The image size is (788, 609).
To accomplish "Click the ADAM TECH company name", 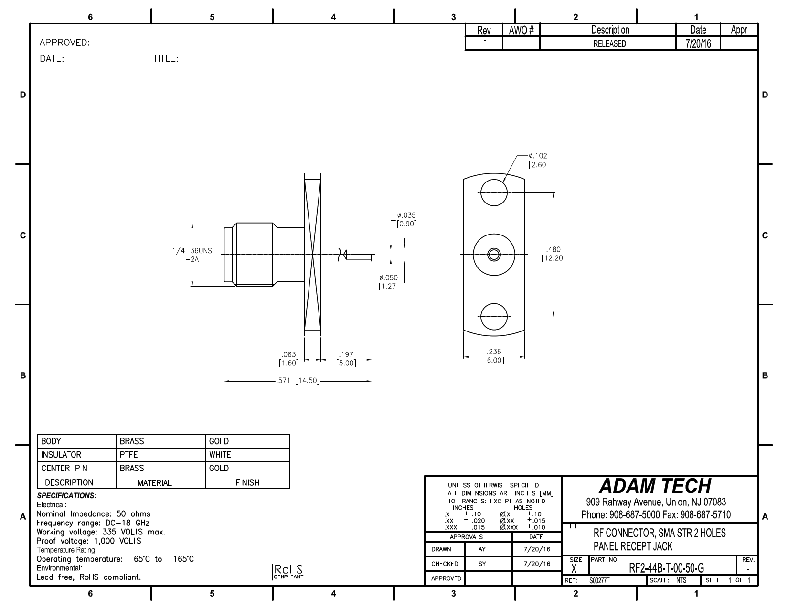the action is pos(655,486).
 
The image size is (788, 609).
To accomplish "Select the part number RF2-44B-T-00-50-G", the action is pos(667,568).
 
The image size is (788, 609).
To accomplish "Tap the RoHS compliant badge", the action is pos(288,572).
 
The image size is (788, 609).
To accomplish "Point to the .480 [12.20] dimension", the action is pos(554,254).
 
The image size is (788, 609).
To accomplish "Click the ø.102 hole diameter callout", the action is pos(539,160).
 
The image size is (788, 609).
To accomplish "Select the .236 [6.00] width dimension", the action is pos(494,356).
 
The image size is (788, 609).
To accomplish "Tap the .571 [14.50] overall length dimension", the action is pos(298,381).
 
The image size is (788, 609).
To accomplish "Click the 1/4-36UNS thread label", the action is pos(192,255).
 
